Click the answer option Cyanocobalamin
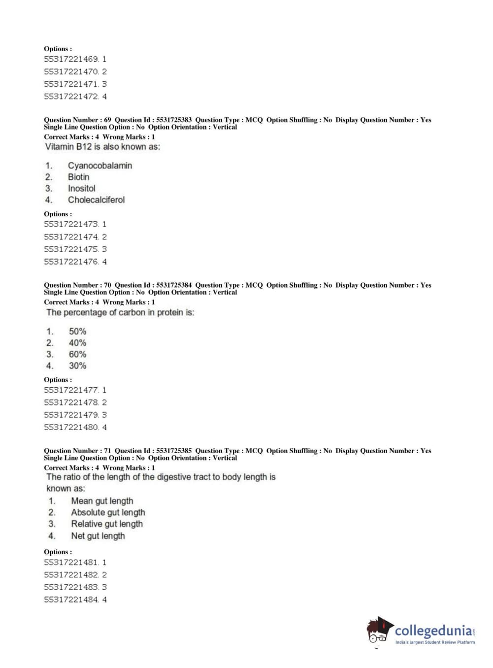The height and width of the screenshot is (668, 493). pos(99,166)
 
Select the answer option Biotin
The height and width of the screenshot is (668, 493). pos(79,177)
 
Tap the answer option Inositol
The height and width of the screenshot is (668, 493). pos(82,188)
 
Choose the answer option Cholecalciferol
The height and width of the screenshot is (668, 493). pos(96,200)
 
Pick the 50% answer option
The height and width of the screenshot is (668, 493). pos(77,331)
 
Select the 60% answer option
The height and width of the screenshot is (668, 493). pos(77,354)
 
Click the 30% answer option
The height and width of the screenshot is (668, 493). pos(77,366)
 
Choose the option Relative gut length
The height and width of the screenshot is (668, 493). pos(107,524)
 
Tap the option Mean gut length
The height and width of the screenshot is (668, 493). pos(102,501)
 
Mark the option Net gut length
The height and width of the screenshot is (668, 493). pos(98,535)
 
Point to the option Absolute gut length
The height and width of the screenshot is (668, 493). pos(108,512)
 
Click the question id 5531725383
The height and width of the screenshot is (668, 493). pos(174,120)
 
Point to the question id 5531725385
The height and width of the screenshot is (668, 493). pos(174,451)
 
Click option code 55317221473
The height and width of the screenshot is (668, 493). pos(71,224)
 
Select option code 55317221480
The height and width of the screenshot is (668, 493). pos(71,427)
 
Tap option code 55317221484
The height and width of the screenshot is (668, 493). pos(71,600)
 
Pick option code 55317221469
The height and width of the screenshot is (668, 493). pos(71,59)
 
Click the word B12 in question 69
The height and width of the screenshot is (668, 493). pos(84,147)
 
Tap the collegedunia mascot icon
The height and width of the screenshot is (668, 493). pos(379,631)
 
